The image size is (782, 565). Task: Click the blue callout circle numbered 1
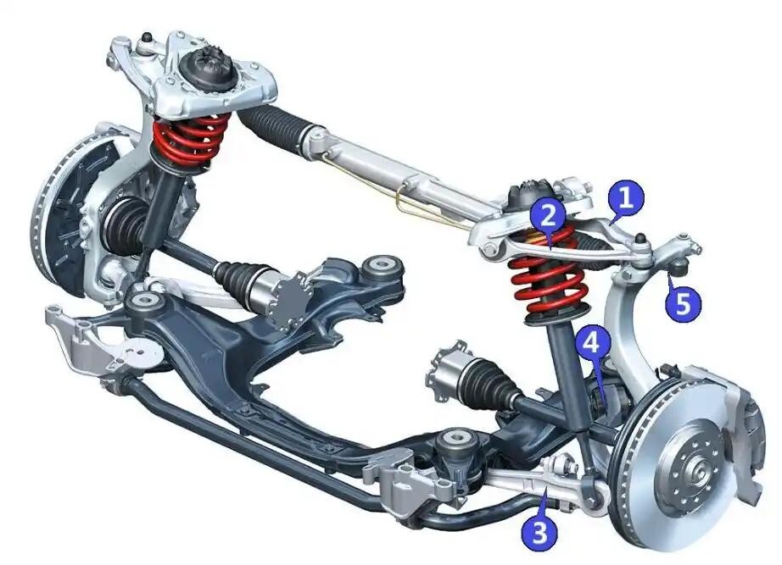626,198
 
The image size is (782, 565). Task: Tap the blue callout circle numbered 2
548,216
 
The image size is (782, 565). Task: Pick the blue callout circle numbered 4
591,344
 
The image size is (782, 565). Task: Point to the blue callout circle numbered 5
684,302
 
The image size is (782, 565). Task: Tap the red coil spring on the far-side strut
188,140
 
